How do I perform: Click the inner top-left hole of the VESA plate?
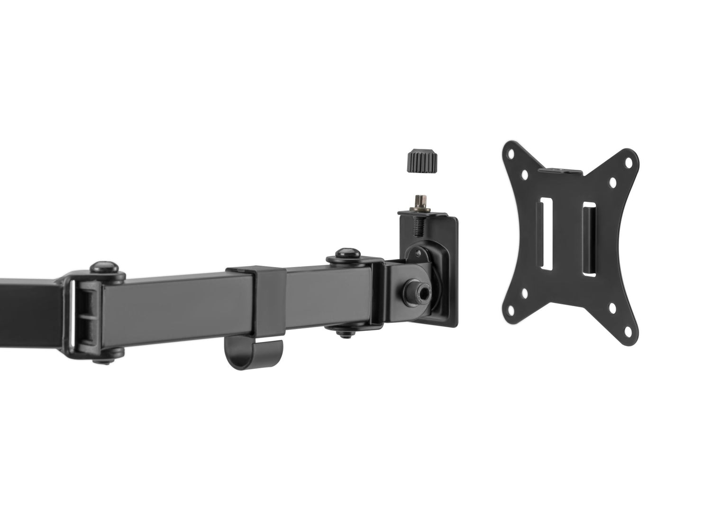point(524,174)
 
